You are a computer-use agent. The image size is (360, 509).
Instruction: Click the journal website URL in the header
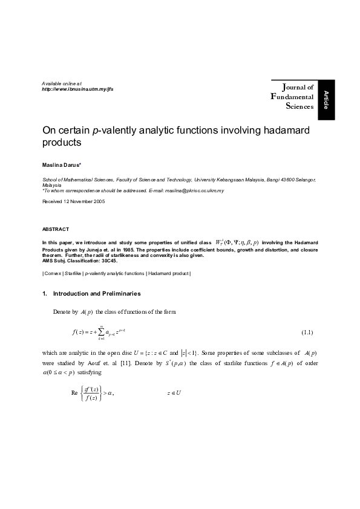(77, 88)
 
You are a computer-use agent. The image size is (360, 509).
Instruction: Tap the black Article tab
(326, 99)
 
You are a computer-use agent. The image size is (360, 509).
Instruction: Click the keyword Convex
(53, 274)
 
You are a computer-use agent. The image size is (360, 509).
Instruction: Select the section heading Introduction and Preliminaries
(97, 293)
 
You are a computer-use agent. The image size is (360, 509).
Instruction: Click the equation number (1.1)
(307, 333)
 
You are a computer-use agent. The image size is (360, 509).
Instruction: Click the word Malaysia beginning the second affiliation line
(51, 185)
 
